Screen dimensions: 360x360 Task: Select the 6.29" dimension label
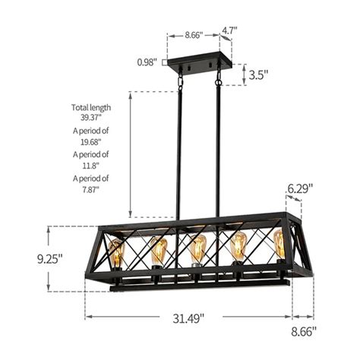coord(300,187)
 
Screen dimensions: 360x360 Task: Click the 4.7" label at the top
coord(230,31)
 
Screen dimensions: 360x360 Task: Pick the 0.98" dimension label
coord(147,62)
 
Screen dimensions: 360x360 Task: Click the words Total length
coord(90,107)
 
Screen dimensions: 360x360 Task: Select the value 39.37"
coord(90,118)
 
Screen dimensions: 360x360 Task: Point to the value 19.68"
coord(90,142)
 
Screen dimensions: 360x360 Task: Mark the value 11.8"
coord(90,166)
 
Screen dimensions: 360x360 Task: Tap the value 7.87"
coord(90,189)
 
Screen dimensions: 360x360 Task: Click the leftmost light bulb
coord(116,252)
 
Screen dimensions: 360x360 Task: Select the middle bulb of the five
coord(198,249)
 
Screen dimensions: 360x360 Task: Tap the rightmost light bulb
coord(279,244)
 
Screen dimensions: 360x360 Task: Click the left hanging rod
coord(181,152)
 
